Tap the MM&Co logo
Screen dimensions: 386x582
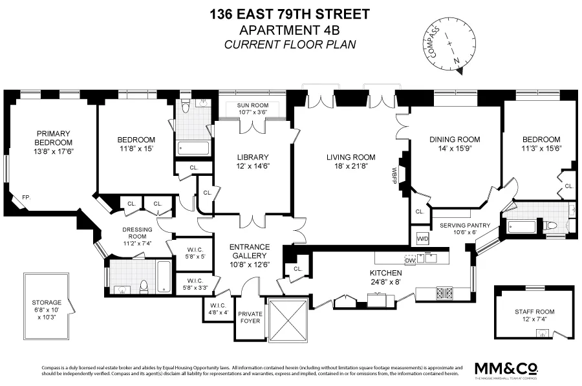click(506, 368)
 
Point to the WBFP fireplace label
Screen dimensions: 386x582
click(393, 174)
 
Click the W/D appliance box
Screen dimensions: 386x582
click(422, 237)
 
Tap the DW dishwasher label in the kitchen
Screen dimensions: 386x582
click(409, 260)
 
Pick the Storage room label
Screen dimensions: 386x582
click(47, 302)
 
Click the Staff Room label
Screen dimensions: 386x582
click(533, 311)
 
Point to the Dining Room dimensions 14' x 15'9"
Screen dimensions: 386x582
click(455, 149)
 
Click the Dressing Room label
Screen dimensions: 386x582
click(136, 233)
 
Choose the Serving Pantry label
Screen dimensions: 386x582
click(465, 225)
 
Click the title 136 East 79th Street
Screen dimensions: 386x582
click(290, 14)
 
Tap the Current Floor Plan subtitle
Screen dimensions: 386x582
click(290, 44)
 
